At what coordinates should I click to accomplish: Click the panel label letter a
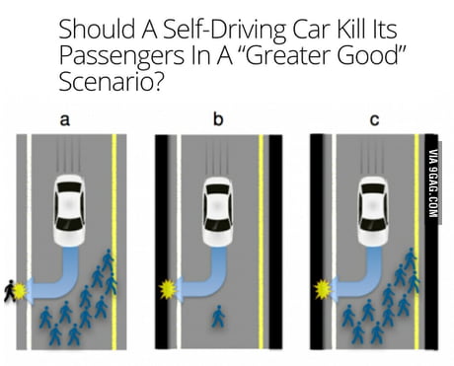tap(65, 120)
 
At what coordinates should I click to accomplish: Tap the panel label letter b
tap(218, 118)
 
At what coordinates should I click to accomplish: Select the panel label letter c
tap(374, 120)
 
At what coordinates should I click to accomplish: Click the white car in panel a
tap(69, 210)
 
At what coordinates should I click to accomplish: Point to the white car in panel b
tap(217, 211)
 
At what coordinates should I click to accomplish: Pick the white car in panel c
tap(373, 211)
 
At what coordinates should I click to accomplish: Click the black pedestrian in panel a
tap(10, 291)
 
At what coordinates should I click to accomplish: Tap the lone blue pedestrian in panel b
tap(218, 317)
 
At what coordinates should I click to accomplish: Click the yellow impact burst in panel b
tap(167, 289)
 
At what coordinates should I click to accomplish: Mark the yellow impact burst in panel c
tap(323, 289)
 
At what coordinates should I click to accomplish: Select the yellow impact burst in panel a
tap(20, 290)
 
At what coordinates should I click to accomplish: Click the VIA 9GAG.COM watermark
tap(433, 183)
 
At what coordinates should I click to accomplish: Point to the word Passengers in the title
tap(121, 56)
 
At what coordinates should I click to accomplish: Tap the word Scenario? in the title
tap(111, 81)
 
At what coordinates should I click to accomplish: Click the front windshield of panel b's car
tap(217, 225)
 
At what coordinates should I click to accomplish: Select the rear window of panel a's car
tap(69, 187)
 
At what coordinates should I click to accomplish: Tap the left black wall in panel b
tap(162, 242)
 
